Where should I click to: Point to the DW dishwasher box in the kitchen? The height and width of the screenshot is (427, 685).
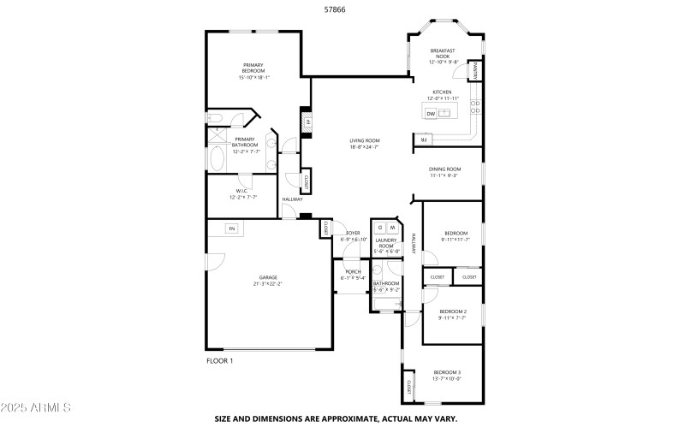[x=432, y=113]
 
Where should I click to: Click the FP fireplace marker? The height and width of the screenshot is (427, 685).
[x=306, y=122]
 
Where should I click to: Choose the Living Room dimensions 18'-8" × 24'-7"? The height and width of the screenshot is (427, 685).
[x=364, y=147]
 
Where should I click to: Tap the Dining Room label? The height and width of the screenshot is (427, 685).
[x=444, y=169]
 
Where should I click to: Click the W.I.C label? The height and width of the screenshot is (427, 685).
[x=241, y=191]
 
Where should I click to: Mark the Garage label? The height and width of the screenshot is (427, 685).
[x=268, y=276]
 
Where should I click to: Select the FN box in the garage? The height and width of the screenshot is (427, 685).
[x=231, y=228]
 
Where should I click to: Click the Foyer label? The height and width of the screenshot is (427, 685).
[x=353, y=233]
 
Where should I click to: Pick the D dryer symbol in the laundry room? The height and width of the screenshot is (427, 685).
[x=380, y=228]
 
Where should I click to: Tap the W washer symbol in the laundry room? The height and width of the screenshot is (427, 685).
[x=393, y=228]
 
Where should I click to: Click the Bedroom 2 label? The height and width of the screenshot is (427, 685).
[x=453, y=311]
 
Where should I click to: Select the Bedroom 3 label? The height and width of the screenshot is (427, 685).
[x=447, y=372]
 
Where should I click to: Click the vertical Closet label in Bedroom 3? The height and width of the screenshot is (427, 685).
[x=409, y=388]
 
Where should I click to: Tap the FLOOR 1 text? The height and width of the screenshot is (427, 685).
[x=220, y=361]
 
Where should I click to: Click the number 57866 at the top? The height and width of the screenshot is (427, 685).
[x=335, y=10]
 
